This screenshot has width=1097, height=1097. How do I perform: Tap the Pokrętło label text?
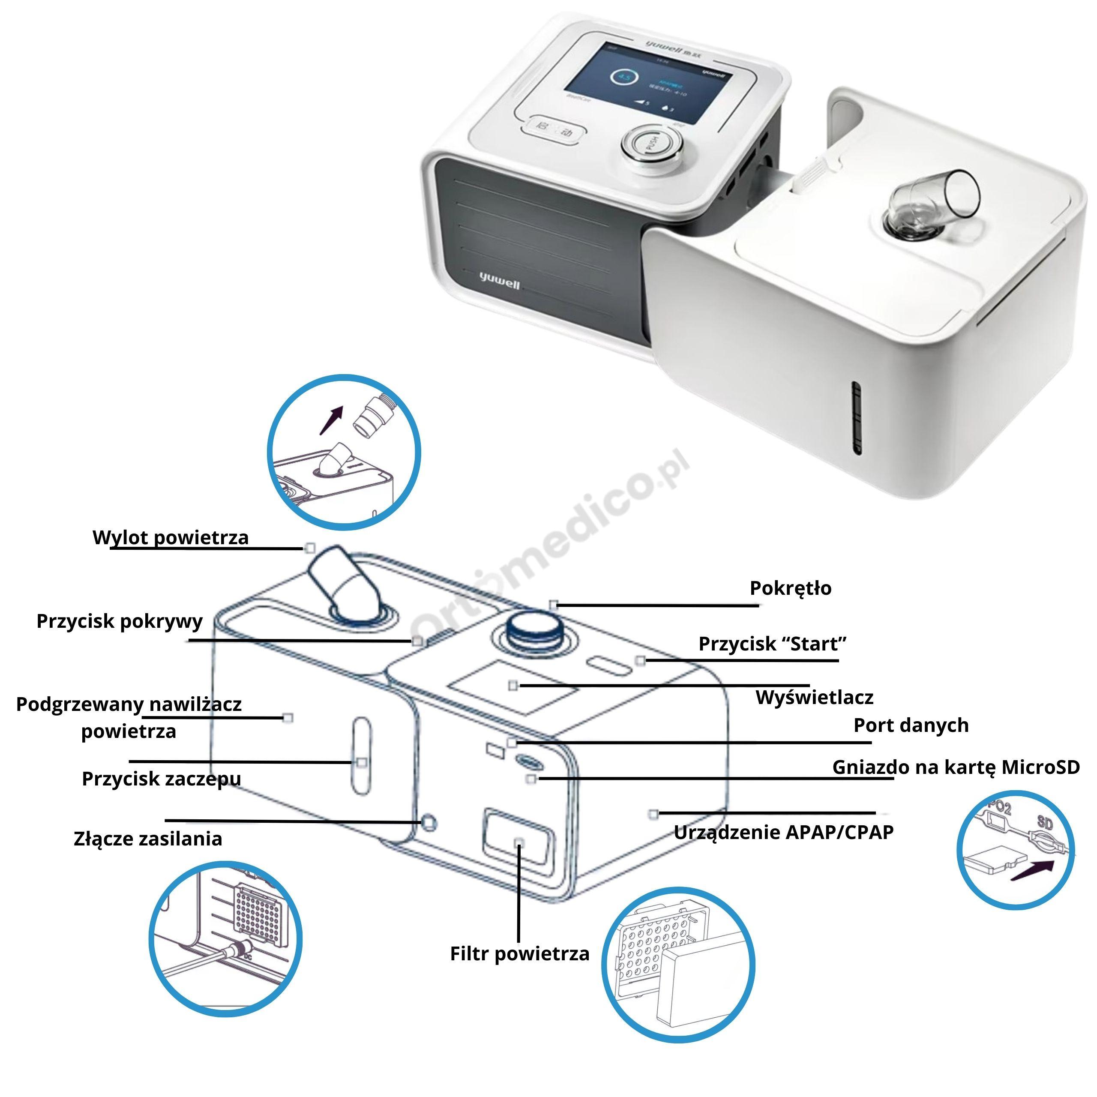click(790, 588)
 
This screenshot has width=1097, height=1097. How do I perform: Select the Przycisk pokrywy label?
click(119, 621)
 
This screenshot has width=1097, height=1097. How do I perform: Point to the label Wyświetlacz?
click(814, 697)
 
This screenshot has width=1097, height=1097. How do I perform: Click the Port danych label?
click(911, 725)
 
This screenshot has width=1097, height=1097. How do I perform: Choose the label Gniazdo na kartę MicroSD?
click(956, 767)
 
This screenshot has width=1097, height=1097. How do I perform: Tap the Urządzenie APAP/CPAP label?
click(784, 832)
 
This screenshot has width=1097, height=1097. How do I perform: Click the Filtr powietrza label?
click(519, 953)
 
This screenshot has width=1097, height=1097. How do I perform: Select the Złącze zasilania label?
click(148, 839)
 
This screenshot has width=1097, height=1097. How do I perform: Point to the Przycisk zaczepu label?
click(161, 779)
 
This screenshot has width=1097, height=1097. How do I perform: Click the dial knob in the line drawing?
click(533, 629)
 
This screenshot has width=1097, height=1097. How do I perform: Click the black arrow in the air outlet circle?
click(332, 420)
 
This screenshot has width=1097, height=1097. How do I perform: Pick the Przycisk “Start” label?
click(772, 644)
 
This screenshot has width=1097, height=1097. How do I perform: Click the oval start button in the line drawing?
click(610, 664)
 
